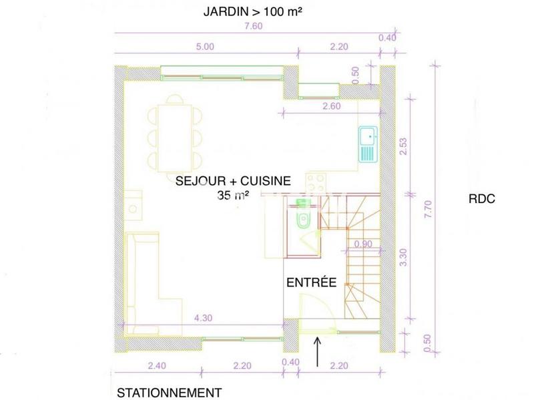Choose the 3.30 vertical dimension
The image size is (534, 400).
[403, 258]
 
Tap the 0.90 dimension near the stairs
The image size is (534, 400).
[364, 244]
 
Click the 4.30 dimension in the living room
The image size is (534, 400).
[203, 319]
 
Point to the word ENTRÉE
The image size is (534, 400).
[310, 282]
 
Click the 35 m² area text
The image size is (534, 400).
[232, 195]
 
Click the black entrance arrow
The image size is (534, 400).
[317, 353]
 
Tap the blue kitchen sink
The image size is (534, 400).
[367, 144]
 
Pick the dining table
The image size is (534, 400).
[174, 138]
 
